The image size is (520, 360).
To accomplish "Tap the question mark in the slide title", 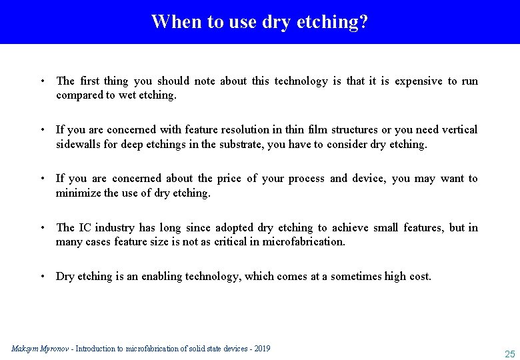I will tap(363, 21).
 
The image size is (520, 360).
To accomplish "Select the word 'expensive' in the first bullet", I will tap(418, 81).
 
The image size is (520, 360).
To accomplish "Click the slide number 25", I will tap(510, 354).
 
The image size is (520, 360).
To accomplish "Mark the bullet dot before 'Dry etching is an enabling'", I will tap(42, 276).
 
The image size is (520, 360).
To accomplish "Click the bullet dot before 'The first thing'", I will tap(42, 81).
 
